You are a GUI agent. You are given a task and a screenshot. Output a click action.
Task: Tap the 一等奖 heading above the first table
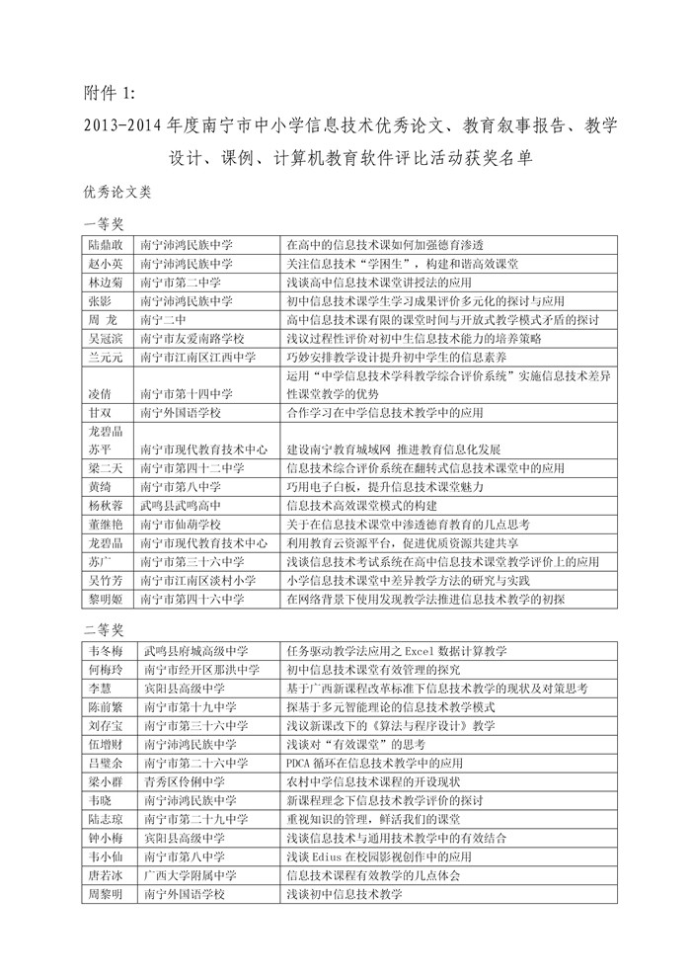(x=104, y=225)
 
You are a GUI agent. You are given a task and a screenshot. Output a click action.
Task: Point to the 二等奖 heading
(x=104, y=629)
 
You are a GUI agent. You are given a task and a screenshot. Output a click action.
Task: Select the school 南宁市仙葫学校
(x=183, y=524)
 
